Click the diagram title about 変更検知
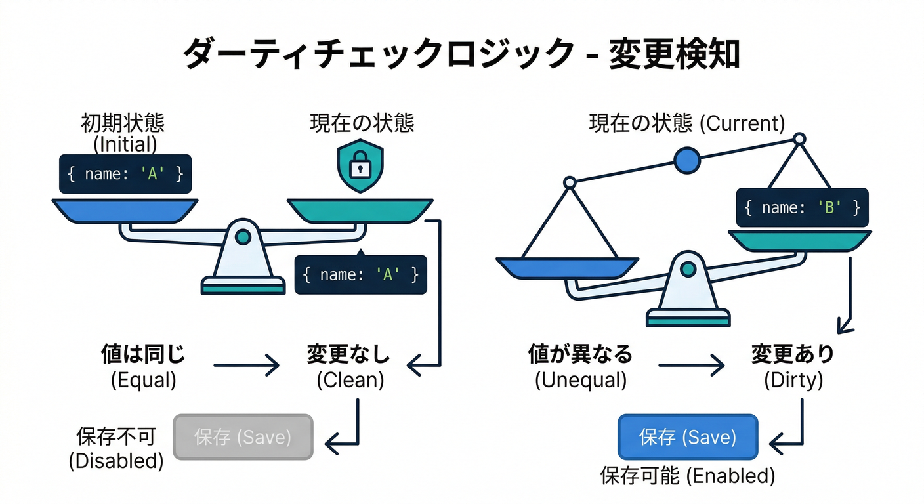pyautogui.click(x=461, y=54)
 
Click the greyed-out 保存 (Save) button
pyautogui.click(x=243, y=436)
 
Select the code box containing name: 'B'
pyautogui.click(x=802, y=208)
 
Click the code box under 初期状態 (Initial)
pyautogui.click(x=125, y=174)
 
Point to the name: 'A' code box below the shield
pyautogui.click(x=360, y=274)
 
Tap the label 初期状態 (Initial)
pyautogui.click(x=123, y=133)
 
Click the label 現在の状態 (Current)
pyautogui.click(x=686, y=123)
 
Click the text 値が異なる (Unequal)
pyautogui.click(x=580, y=366)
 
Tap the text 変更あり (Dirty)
pyautogui.click(x=793, y=366)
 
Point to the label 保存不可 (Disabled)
pyautogui.click(x=116, y=448)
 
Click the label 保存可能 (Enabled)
pyautogui.click(x=687, y=475)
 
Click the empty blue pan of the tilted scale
pyautogui.click(x=566, y=268)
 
